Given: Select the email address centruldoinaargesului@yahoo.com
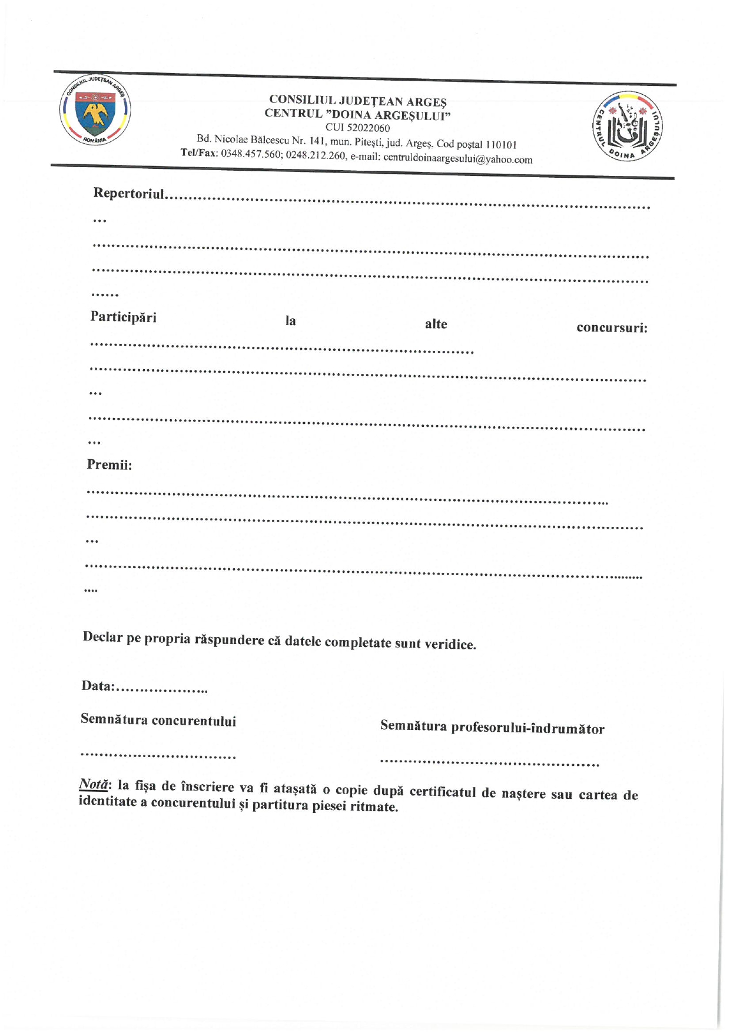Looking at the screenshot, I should [x=457, y=159].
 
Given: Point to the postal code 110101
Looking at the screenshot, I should [x=501, y=145].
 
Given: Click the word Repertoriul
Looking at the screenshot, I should [x=129, y=194].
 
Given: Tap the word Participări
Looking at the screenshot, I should [x=123, y=317].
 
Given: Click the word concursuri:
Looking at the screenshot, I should [x=612, y=328].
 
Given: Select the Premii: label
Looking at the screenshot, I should [x=109, y=465].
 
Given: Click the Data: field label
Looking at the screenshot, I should [x=98, y=686].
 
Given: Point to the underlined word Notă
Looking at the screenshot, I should [x=93, y=784].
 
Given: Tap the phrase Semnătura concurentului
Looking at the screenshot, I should [x=158, y=720].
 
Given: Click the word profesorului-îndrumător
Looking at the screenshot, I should [x=527, y=728].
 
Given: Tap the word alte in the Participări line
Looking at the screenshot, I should [x=436, y=324].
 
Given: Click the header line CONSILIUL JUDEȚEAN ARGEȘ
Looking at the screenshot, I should [x=357, y=101].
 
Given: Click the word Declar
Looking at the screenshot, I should [x=102, y=637].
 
